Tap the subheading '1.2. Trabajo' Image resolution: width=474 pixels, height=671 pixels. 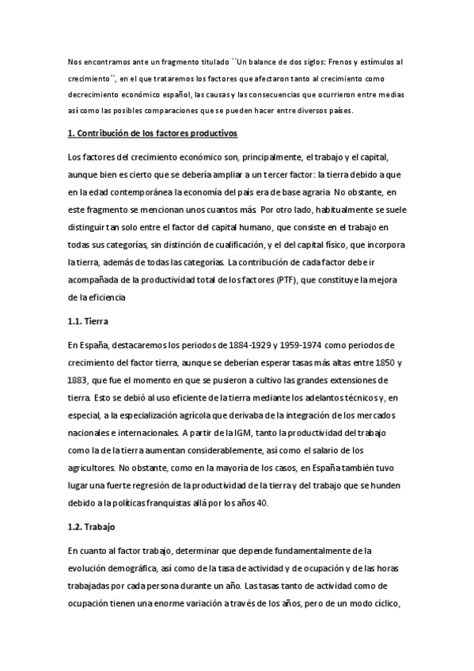tap(92, 525)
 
